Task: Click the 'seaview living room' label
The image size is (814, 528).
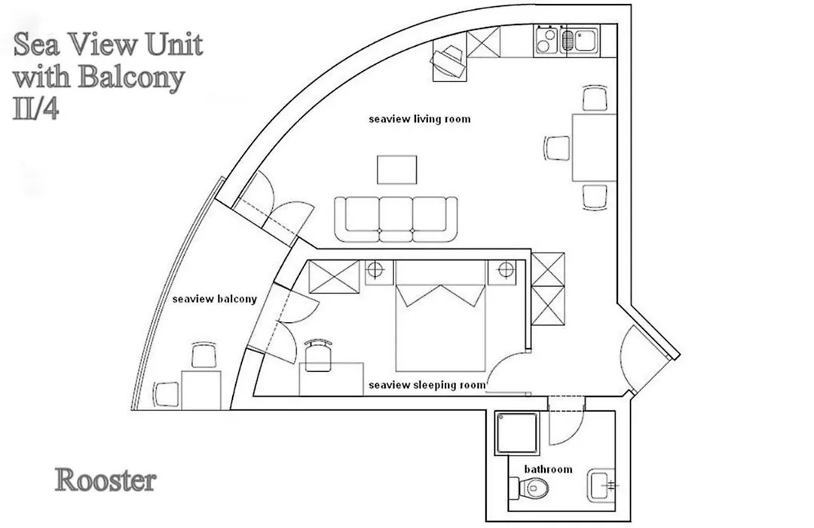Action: [420, 119]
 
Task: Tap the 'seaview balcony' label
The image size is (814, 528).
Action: [214, 299]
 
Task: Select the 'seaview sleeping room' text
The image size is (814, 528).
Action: [427, 385]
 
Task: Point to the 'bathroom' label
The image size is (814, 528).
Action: [548, 468]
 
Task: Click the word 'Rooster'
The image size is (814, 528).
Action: [106, 480]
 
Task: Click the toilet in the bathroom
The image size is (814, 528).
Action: [528, 487]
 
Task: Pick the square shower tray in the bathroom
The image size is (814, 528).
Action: [517, 433]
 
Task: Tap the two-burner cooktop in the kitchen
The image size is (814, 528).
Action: [546, 40]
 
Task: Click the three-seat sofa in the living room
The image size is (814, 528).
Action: [396, 219]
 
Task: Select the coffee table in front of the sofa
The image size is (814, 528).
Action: [397, 170]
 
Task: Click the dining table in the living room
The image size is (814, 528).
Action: [594, 148]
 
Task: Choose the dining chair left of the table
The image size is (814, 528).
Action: [558, 148]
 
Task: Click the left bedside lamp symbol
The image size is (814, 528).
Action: [375, 271]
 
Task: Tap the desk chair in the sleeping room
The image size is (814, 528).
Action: [318, 354]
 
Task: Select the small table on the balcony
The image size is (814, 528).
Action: [201, 390]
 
